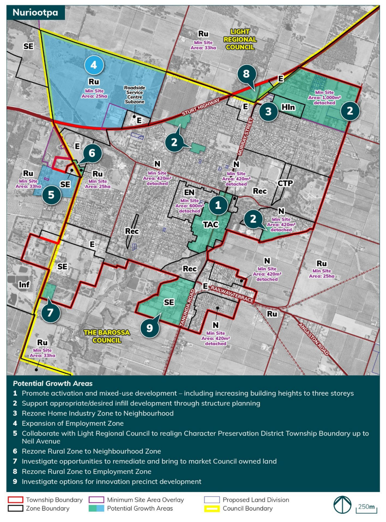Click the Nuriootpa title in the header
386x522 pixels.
pyautogui.click(x=35, y=12)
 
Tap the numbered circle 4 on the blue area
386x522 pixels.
pyautogui.click(x=94, y=65)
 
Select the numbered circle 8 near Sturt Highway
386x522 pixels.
pyautogui.click(x=246, y=73)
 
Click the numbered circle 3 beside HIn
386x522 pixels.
pyautogui.click(x=268, y=112)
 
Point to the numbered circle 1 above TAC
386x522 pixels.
pyautogui.click(x=218, y=205)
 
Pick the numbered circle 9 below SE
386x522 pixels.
pyautogui.click(x=149, y=328)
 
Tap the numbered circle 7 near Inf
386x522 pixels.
pyautogui.click(x=50, y=312)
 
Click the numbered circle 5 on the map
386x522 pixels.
pyautogui.click(x=51, y=195)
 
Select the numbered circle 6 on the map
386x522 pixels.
pyautogui.click(x=92, y=153)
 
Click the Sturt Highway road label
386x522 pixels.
pyautogui.click(x=201, y=107)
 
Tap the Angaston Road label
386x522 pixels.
pyautogui.click(x=314, y=339)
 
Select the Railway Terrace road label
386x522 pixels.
pyautogui.click(x=232, y=294)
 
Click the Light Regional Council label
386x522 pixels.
pyautogui.click(x=240, y=39)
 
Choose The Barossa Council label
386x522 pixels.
pyautogui.click(x=107, y=336)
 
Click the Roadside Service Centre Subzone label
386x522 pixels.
pyautogui.click(x=134, y=95)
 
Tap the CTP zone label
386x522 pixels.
pyautogui.click(x=285, y=183)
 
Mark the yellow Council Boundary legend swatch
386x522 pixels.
pyautogui.click(x=212, y=508)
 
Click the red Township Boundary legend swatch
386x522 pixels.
pyautogui.click(x=15, y=500)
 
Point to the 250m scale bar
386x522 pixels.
pyautogui.click(x=366, y=508)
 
